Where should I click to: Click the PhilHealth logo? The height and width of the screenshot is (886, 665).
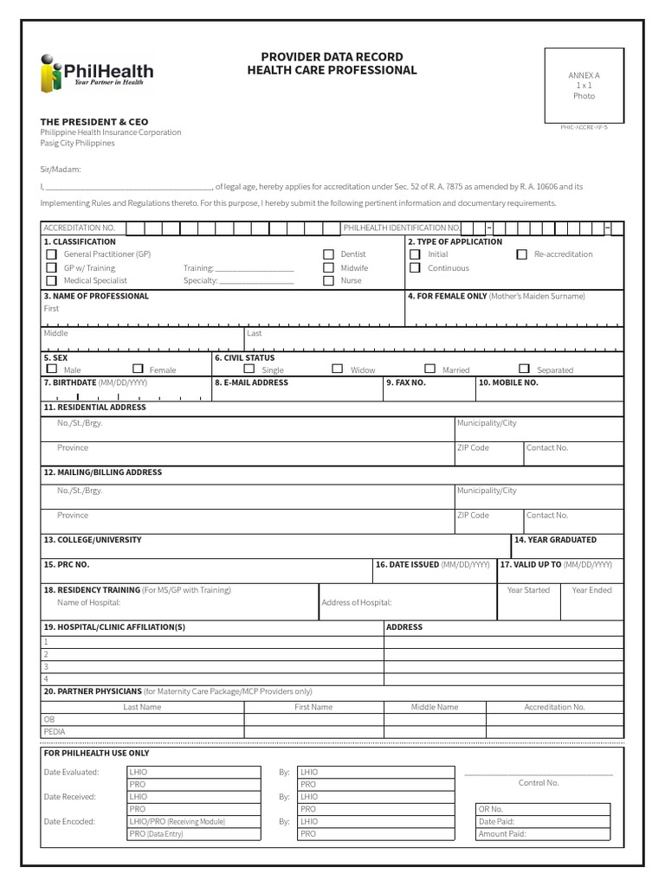96,73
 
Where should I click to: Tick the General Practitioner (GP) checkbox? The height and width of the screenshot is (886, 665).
52,254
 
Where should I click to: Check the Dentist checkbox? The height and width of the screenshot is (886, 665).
328,254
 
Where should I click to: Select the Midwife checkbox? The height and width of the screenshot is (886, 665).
328,267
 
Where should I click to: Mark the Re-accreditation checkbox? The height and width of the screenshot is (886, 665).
521,254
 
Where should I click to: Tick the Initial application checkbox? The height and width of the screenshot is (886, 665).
415,254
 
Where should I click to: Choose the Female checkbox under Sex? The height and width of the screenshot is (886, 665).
138,369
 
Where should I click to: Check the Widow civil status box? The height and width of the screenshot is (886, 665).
338,369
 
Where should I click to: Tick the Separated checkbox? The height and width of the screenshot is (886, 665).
524,369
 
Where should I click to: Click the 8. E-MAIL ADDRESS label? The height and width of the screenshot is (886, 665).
252,382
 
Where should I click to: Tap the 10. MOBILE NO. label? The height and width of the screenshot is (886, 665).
509,382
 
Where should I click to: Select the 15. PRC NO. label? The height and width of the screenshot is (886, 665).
67,564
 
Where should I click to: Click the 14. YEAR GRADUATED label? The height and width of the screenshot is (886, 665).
555,540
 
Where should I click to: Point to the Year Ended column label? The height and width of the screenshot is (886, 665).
591,590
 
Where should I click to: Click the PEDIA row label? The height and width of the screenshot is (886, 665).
55,731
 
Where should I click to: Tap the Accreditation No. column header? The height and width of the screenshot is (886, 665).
554,707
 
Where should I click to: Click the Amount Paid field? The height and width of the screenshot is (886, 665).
543,834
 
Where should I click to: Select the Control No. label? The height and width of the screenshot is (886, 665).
539,782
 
